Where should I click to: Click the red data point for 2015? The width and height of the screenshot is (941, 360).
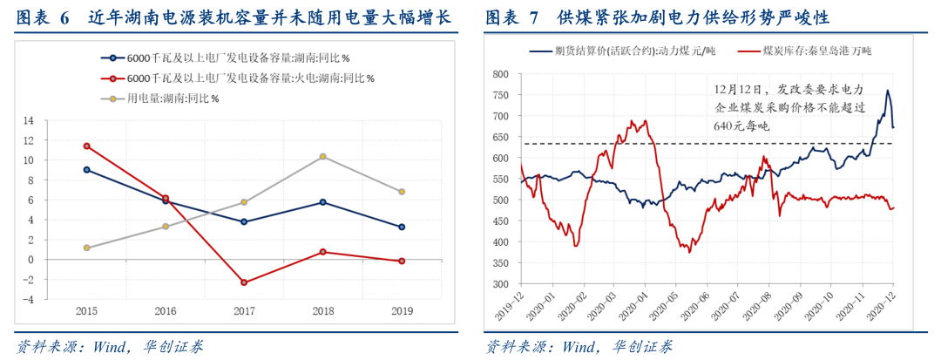click(86, 146)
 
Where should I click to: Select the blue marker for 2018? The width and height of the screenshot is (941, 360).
click(322, 202)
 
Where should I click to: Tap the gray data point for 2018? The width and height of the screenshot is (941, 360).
click(322, 156)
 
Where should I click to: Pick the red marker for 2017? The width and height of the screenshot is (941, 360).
click(244, 282)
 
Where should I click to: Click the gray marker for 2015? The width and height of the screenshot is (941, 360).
click(86, 248)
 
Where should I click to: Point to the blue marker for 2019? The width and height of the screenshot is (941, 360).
click(401, 227)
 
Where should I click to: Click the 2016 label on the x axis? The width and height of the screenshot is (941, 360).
click(165, 310)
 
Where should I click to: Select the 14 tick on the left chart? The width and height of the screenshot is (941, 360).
click(52, 120)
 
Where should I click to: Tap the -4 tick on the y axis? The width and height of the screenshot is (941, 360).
click(52, 299)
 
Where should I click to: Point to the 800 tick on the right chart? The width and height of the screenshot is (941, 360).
click(501, 74)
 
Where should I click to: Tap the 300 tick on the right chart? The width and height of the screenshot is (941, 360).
click(501, 284)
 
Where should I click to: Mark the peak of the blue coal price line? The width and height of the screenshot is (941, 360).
click(887, 91)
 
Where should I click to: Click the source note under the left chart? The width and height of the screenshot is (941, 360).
click(110, 346)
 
